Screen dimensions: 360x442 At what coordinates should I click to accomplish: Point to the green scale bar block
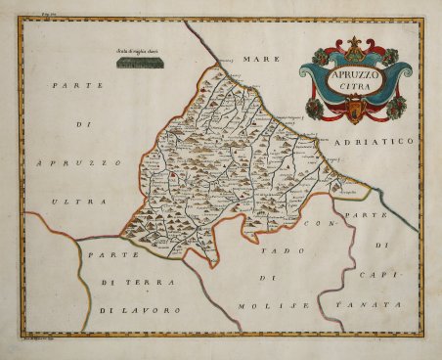coord(141,64)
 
